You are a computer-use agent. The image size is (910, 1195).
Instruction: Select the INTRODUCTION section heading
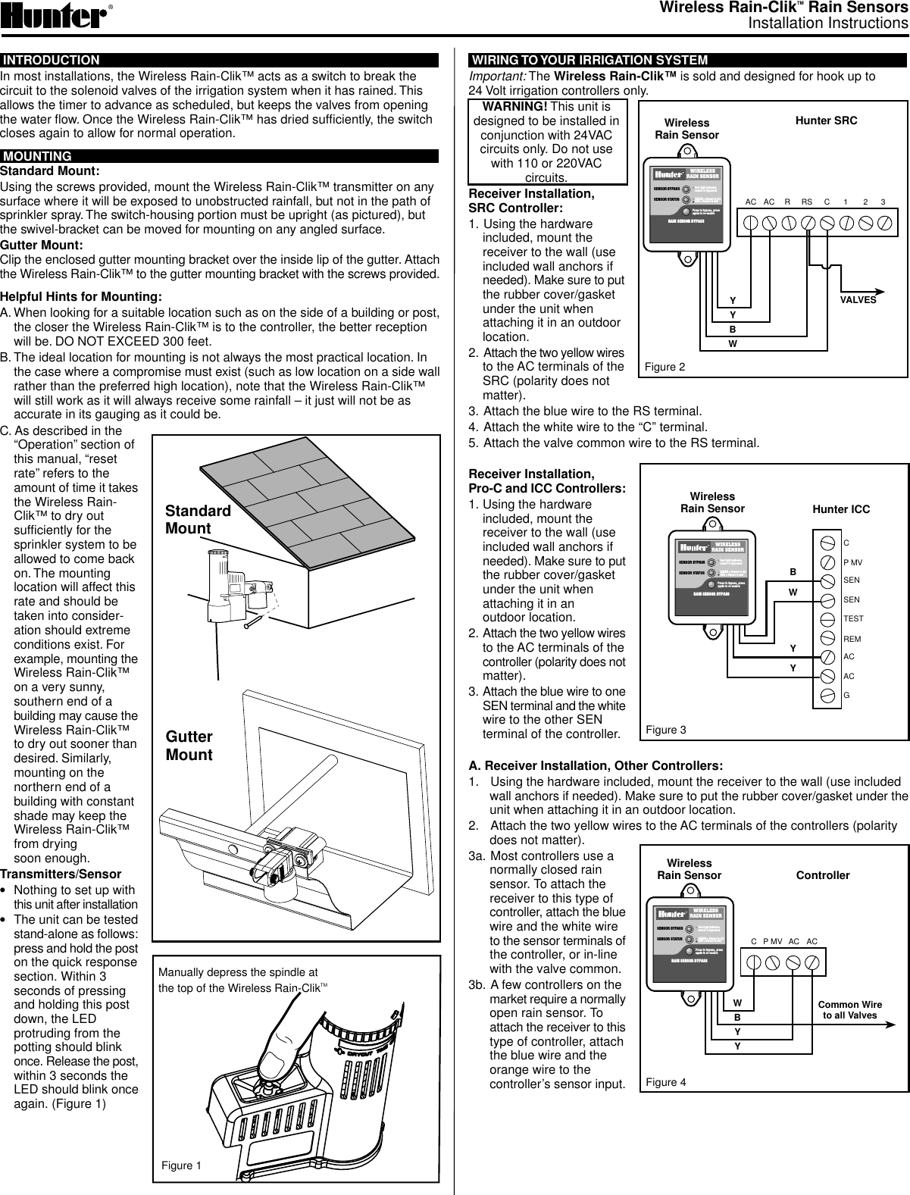52,61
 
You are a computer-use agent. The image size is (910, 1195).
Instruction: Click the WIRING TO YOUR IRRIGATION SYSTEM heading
589,61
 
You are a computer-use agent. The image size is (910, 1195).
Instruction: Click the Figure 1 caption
181,1165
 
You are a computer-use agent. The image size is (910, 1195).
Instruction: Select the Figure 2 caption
665,367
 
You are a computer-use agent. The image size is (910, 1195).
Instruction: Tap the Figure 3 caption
665,730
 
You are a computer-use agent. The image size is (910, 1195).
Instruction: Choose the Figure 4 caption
665,1081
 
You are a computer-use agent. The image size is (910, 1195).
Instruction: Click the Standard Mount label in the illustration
198,519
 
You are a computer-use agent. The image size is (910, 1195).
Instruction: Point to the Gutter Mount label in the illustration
189,746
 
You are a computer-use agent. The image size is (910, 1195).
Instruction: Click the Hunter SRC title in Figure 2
826,120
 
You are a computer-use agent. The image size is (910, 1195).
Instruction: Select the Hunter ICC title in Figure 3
840,509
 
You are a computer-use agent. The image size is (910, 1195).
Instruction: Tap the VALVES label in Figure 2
858,299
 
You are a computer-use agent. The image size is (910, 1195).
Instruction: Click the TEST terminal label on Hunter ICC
853,619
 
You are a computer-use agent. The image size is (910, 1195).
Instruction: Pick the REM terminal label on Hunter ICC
852,639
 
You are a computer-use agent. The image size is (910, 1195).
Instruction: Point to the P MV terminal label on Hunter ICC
853,562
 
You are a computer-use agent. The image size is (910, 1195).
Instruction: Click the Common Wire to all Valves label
849,1010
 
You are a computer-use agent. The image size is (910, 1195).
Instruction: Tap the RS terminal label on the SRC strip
806,202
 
